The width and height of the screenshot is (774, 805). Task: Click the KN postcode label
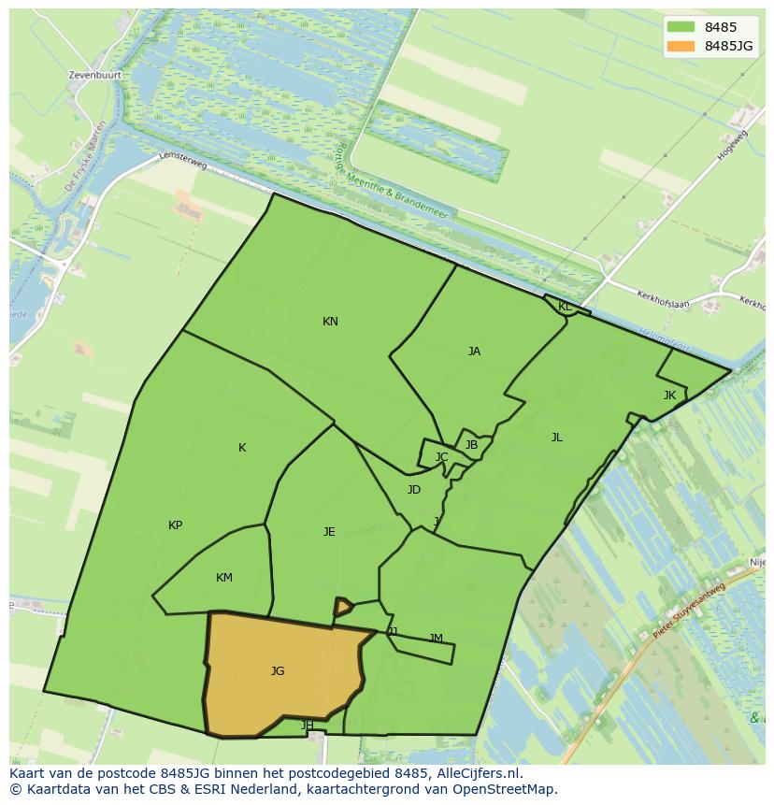click(x=330, y=322)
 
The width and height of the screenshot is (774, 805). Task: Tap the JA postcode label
click(x=474, y=352)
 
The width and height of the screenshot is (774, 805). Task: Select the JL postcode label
click(x=557, y=438)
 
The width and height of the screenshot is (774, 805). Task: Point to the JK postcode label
click(x=669, y=395)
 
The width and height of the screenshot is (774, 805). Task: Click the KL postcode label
click(x=565, y=307)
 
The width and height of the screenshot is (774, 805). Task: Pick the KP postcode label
click(x=175, y=525)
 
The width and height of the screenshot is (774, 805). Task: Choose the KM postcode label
click(x=224, y=578)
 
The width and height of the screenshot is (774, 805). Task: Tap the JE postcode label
click(x=329, y=532)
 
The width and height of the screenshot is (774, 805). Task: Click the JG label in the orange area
click(x=278, y=671)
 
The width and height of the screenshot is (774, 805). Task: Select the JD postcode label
click(x=414, y=490)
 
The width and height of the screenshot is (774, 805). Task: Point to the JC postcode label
click(x=441, y=457)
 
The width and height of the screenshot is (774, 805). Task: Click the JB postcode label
click(x=471, y=445)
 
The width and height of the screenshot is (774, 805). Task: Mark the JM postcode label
click(x=436, y=639)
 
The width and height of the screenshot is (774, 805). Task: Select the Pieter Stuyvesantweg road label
click(x=689, y=611)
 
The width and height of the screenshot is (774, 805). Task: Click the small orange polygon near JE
click(x=343, y=608)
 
